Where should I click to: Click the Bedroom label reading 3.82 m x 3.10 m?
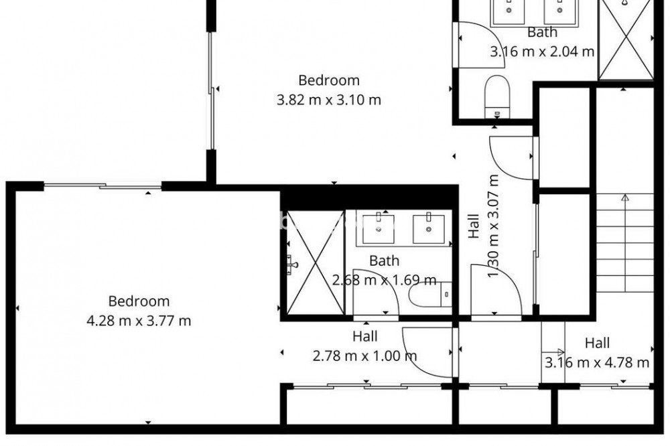(328, 100)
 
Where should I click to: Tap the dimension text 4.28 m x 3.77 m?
(139, 320)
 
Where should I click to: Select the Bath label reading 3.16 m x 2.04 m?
(542, 52)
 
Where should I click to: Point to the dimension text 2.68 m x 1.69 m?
(384, 280)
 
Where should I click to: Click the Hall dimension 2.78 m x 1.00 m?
(365, 356)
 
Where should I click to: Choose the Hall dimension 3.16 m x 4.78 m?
(597, 363)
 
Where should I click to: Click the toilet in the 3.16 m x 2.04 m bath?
(498, 96)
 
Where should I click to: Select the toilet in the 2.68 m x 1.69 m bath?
(430, 294)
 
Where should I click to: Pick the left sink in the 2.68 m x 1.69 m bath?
(379, 228)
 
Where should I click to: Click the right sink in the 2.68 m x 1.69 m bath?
(429, 228)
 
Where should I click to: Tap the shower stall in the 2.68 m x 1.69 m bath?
(316, 263)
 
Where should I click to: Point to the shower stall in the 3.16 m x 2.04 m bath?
(626, 40)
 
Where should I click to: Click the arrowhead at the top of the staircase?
(625, 198)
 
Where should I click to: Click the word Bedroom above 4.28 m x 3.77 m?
(139, 301)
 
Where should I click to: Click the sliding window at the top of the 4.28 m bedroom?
(103, 186)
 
